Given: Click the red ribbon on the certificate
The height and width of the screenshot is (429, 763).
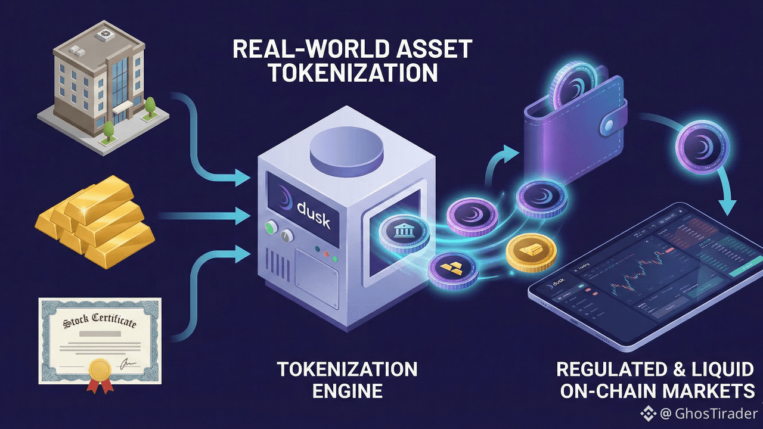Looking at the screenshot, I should (x=100, y=384).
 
